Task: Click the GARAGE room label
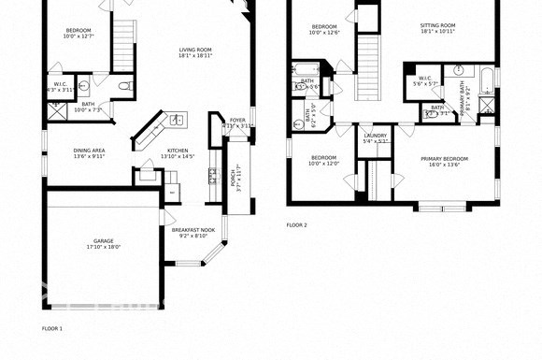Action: tap(103, 241)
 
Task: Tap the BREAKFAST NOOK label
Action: tap(193, 230)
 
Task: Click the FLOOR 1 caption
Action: tap(52, 329)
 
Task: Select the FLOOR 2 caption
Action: tap(296, 225)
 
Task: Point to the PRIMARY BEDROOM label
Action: tap(445, 159)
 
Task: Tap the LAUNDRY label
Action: tap(376, 137)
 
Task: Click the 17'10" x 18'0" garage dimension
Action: tap(103, 247)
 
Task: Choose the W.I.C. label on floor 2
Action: tap(423, 79)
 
